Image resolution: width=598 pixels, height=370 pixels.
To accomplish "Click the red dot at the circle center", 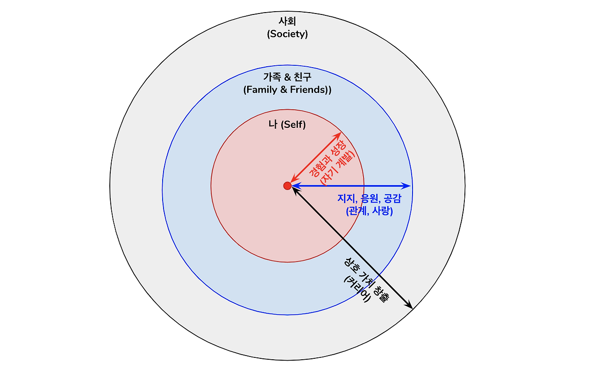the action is tap(287, 186).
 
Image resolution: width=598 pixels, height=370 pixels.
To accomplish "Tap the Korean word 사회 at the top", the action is tap(287, 21).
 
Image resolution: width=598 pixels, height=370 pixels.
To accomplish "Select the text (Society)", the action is tap(287, 34).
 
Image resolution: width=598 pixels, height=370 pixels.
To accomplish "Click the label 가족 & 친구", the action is tap(287, 77).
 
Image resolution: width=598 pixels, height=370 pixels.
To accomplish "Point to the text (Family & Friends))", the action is tap(287, 90).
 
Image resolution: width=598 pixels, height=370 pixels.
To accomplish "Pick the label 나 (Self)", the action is tap(287, 125).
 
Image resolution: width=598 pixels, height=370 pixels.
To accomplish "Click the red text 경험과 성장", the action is tap(327, 157).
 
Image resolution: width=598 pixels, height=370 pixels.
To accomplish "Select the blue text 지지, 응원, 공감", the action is tap(369, 198).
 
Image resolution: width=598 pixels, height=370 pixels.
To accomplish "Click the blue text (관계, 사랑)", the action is tap(369, 211).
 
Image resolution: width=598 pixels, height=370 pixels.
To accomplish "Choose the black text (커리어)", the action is tap(357, 288).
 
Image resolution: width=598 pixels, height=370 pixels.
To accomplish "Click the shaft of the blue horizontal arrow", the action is tap(350, 186).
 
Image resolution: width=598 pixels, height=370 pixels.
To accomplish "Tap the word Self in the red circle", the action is tap(293, 125).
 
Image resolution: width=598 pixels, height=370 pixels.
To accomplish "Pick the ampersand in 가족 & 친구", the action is tap(287, 77).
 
